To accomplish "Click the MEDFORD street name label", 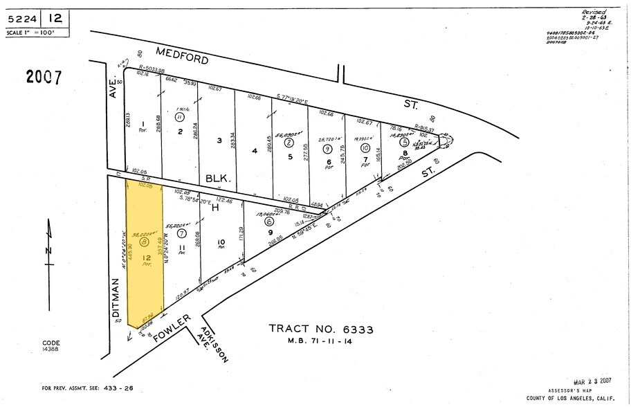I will (x=183, y=55).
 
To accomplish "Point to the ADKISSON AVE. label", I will (x=208, y=344).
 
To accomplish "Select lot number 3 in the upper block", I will (x=219, y=141).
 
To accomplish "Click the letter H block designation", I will (x=214, y=208).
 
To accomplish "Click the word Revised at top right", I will (x=594, y=12).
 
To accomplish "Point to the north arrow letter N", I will (x=45, y=250).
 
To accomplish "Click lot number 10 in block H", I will (x=221, y=242).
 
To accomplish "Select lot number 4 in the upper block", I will (x=255, y=151).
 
